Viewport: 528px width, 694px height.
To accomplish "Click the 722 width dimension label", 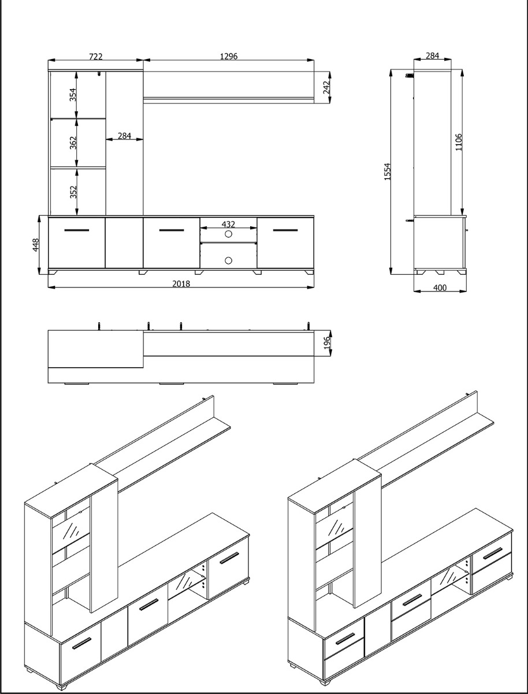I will pyautogui.click(x=96, y=56).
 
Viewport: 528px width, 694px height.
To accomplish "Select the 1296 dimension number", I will pyautogui.click(x=229, y=56).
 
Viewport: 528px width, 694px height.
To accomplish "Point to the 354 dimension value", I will pyautogui.click(x=73, y=95).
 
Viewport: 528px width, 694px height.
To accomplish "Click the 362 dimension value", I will pyautogui.click(x=73, y=143).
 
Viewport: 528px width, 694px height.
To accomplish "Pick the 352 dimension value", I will pyautogui.click(x=73, y=192).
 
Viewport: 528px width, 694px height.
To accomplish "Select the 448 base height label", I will pyautogui.click(x=35, y=245).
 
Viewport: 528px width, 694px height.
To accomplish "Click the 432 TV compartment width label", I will pyautogui.click(x=228, y=224).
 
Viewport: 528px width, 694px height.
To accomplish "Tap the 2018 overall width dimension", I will pyautogui.click(x=181, y=283).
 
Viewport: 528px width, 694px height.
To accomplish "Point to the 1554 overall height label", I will pyautogui.click(x=388, y=171).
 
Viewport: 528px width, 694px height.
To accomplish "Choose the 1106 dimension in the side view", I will pyautogui.click(x=459, y=142).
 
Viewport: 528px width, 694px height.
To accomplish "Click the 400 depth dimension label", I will pyautogui.click(x=440, y=288).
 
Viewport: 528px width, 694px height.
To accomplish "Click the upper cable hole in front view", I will pyautogui.click(x=228, y=234).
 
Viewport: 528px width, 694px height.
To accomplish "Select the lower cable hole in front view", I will pyautogui.click(x=228, y=260).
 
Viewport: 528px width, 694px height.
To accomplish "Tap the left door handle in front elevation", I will pyautogui.click(x=77, y=231).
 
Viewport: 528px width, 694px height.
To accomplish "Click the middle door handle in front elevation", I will pyautogui.click(x=171, y=231).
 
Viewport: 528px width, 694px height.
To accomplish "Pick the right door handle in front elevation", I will pyautogui.click(x=285, y=231).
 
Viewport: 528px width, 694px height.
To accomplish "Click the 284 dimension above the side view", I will pyautogui.click(x=432, y=56).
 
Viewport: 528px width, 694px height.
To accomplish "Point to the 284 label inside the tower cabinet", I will pyautogui.click(x=124, y=136).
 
